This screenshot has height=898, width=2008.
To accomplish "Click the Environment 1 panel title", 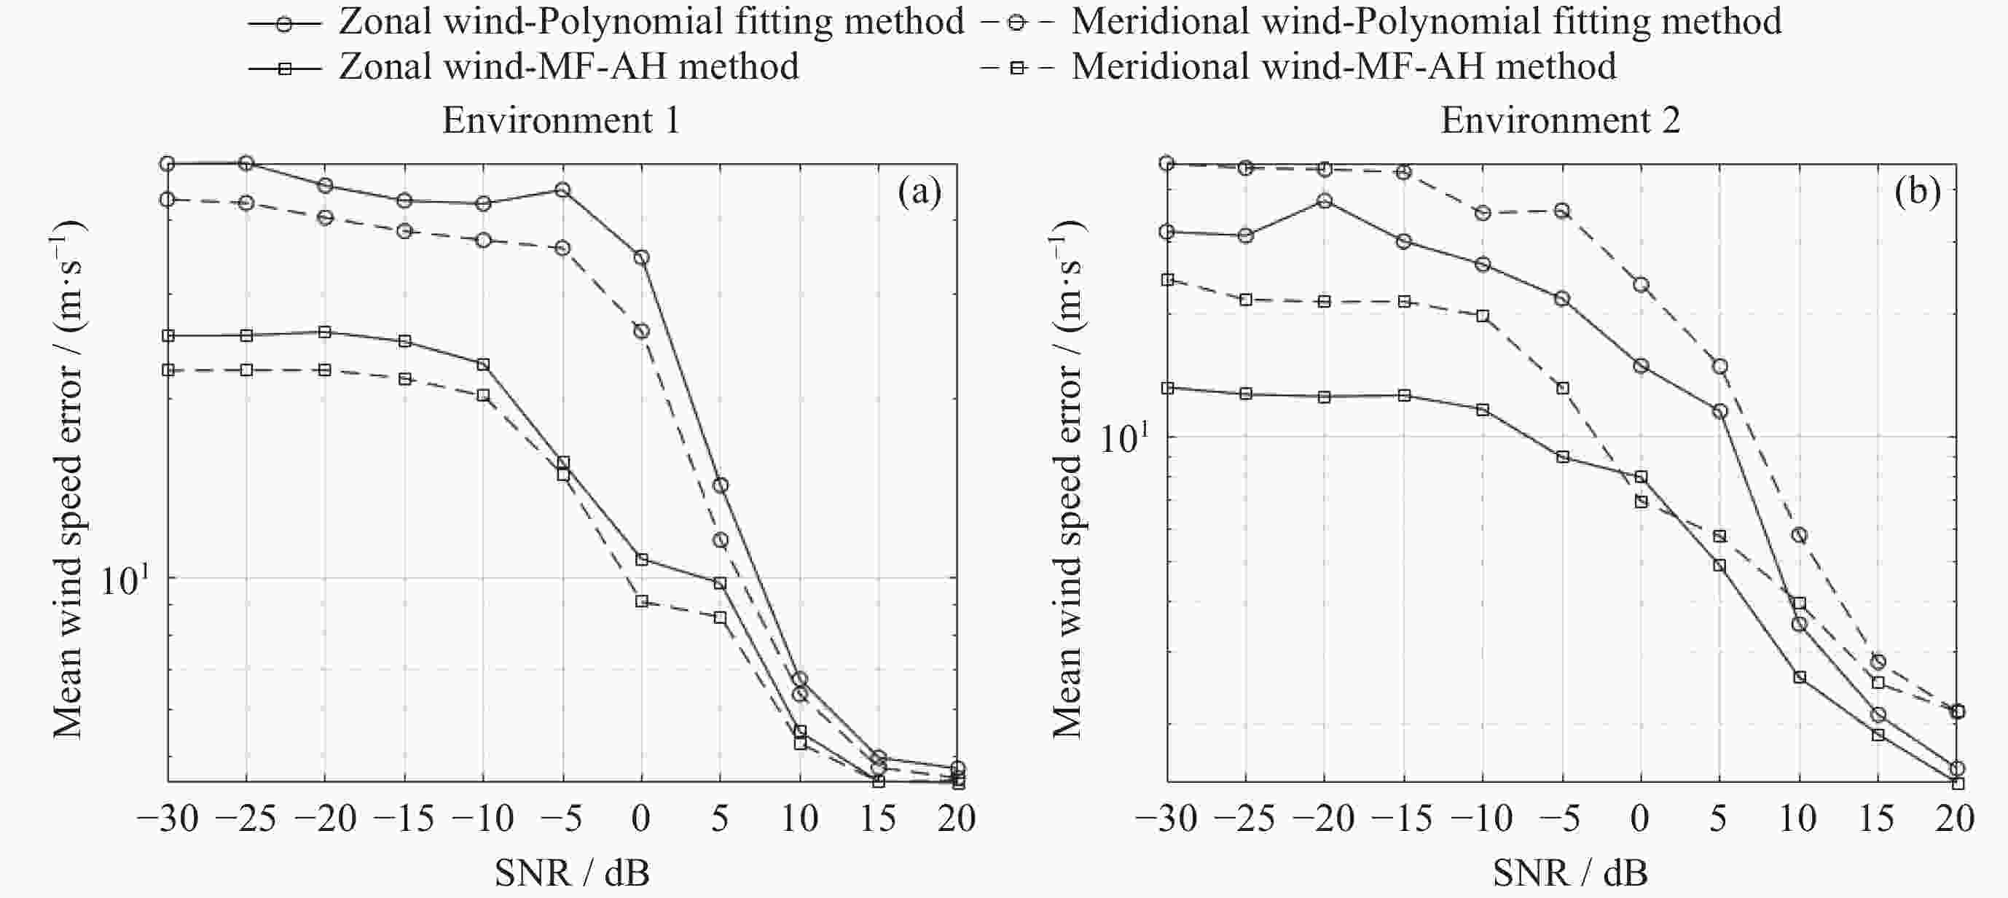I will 560,121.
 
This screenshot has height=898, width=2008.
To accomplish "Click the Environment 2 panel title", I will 1560,121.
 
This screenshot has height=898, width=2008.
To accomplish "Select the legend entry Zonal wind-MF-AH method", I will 568,67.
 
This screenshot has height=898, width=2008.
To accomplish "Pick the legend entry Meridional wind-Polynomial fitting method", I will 1426,22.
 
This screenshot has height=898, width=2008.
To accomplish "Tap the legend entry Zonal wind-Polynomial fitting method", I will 651,22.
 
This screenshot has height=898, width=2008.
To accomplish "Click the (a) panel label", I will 919,192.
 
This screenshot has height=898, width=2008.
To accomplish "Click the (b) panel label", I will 1918,192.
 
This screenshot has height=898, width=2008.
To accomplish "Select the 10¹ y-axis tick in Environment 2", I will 1124,438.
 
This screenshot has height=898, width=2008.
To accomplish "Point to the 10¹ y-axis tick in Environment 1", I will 125,580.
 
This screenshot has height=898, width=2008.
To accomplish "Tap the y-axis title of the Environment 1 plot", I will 68,479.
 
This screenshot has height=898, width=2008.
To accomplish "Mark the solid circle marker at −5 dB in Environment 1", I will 562,190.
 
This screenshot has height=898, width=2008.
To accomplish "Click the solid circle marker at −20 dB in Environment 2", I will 1325,201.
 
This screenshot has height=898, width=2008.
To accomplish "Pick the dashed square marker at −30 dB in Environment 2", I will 1167,280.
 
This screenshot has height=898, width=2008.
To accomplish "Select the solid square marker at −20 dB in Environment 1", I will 325,332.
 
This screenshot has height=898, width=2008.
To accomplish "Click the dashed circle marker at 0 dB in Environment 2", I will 1641,285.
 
